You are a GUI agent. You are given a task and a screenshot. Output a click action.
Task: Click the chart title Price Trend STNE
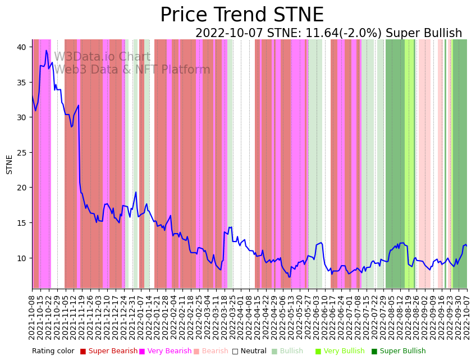click(x=241, y=15)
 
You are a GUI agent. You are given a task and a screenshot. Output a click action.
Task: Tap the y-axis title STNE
click(x=10, y=164)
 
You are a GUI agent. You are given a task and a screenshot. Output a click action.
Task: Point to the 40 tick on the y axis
click(x=22, y=47)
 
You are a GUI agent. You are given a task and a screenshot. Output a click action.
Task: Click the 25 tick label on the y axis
click(x=22, y=153)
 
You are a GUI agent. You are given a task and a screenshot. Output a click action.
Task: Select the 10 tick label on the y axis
click(x=22, y=258)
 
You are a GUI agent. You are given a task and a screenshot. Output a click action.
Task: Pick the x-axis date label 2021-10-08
click(x=33, y=315)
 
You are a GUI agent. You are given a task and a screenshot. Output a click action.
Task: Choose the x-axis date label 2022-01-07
click(x=140, y=315)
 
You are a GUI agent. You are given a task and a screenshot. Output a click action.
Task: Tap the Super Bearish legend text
click(x=113, y=351)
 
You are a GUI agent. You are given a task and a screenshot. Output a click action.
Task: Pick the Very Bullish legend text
click(x=344, y=351)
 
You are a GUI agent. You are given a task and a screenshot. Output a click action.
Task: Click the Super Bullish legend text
click(x=402, y=351)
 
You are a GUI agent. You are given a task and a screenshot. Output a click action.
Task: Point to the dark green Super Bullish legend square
click(x=374, y=351)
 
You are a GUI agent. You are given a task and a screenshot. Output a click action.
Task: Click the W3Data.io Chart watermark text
click(x=102, y=57)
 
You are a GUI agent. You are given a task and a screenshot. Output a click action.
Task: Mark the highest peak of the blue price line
click(x=46, y=51)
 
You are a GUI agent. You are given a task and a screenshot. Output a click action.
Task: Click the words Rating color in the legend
click(x=53, y=351)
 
